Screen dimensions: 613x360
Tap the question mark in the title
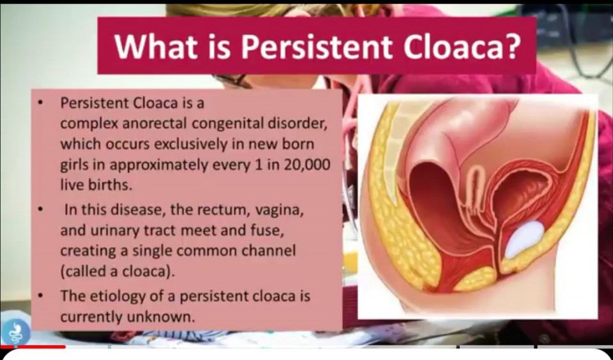coord(513,46)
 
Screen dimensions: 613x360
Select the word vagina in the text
coord(279,210)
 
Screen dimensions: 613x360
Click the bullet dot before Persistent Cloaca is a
coord(40,103)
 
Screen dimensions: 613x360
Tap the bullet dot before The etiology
coord(40,296)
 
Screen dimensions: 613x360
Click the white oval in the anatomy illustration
coord(524,239)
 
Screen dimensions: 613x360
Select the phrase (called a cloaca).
coord(117,271)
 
